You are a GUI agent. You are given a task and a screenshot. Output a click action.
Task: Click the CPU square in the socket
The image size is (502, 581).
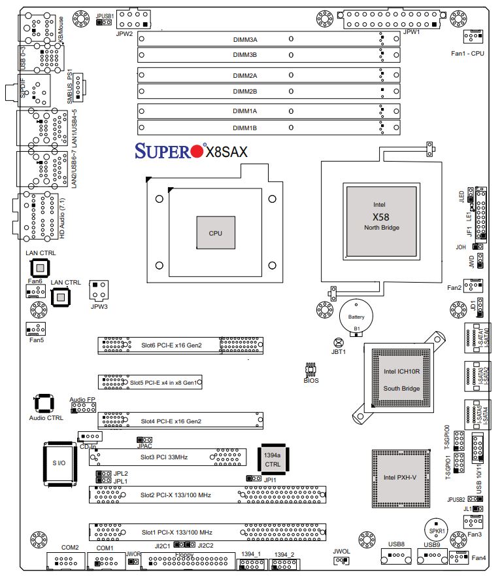point(216,232)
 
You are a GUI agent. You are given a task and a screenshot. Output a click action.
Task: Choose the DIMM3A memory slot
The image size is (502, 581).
point(269,39)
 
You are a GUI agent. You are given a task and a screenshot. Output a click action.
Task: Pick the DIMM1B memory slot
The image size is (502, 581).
point(269,128)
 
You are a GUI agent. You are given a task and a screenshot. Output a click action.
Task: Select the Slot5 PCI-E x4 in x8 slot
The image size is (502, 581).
point(151,381)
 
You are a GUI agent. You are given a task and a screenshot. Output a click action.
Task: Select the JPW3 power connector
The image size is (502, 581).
point(99,289)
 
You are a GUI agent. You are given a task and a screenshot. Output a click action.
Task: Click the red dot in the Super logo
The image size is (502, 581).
point(197,152)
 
